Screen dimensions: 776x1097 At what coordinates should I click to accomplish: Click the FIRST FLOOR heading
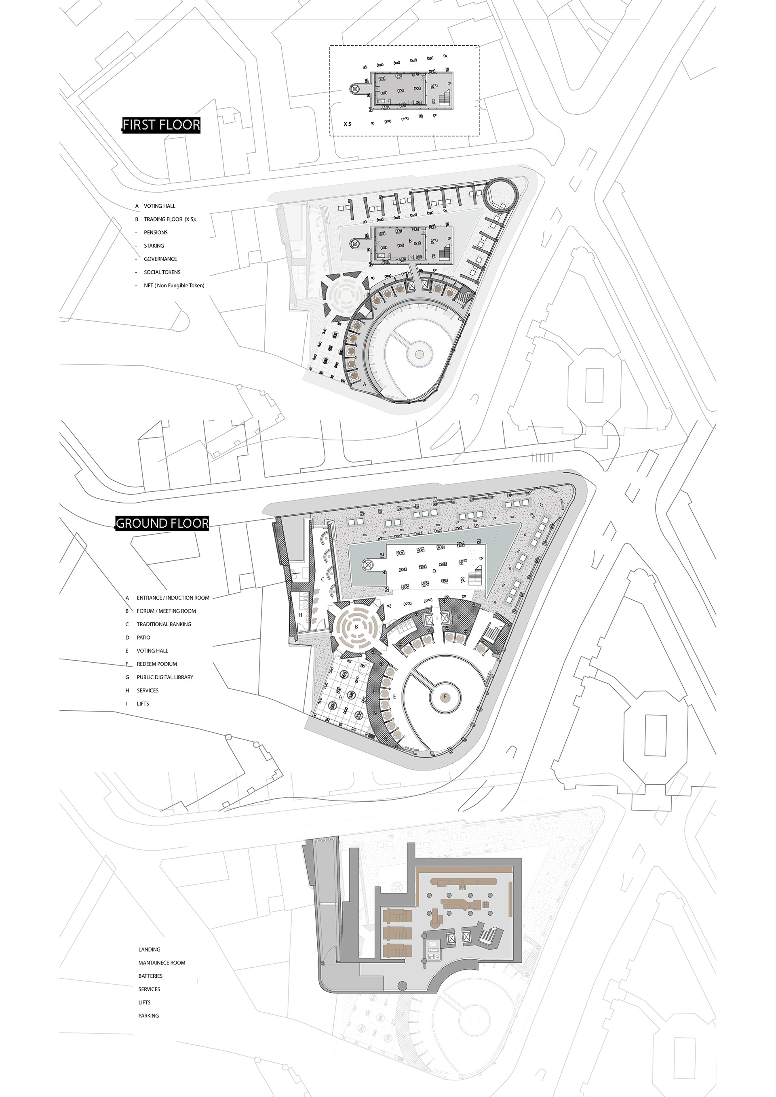[161, 125]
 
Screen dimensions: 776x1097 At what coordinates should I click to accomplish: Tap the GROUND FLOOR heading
[162, 523]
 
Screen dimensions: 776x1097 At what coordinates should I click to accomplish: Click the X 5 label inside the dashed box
[348, 124]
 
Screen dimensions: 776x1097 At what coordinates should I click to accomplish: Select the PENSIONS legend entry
[156, 233]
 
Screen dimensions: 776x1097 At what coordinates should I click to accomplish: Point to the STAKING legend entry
[154, 246]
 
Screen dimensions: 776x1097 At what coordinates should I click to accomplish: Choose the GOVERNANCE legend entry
[160, 259]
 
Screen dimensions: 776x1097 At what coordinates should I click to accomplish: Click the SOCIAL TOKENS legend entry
[162, 272]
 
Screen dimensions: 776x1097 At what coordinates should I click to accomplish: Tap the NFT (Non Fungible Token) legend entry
[174, 286]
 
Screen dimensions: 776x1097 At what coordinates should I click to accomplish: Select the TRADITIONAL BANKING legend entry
[164, 625]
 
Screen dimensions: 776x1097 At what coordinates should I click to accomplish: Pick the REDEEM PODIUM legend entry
[157, 664]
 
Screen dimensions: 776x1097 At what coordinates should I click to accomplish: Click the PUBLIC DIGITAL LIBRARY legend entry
[165, 678]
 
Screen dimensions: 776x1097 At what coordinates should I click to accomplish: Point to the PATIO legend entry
[143, 638]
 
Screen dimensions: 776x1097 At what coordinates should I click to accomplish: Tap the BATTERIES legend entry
[150, 976]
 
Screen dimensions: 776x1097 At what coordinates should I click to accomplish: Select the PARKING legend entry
[149, 1016]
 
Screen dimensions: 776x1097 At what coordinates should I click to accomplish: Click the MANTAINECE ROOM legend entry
[162, 963]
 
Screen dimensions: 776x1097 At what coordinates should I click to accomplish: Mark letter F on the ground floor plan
[445, 697]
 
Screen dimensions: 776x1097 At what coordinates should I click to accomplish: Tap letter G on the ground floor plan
[542, 505]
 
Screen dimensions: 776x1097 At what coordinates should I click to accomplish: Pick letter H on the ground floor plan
[300, 615]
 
